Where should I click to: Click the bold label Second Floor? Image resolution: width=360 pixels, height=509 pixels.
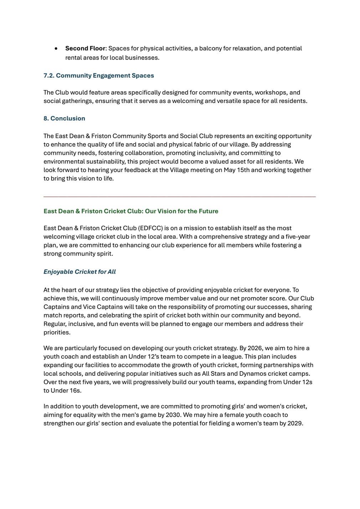point(85,48)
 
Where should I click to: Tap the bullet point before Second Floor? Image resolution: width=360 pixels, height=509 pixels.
point(56,48)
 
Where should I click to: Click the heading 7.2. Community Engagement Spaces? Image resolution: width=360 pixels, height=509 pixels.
point(99,76)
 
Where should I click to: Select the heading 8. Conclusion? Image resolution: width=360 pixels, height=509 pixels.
point(64,118)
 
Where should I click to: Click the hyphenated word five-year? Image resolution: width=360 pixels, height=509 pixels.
point(298,237)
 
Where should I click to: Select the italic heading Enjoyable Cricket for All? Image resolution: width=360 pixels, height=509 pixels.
point(79,272)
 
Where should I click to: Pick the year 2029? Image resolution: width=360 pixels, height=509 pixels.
point(295,423)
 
